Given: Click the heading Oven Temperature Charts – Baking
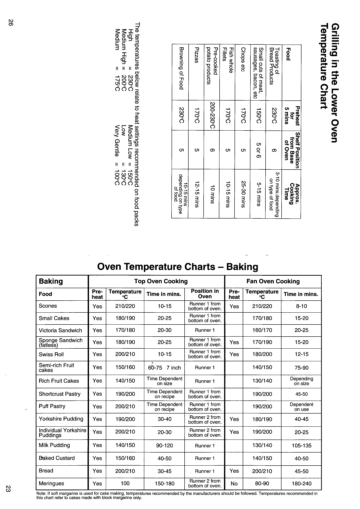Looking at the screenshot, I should [x=178, y=267].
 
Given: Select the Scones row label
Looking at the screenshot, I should [x=48, y=306].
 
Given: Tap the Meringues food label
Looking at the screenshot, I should [x=51, y=483].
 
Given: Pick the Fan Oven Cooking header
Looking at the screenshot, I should [x=273, y=281].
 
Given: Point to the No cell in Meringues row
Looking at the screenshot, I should [x=234, y=483].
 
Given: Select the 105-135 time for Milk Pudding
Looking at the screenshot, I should [x=301, y=445].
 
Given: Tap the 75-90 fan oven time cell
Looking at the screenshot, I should [x=301, y=367].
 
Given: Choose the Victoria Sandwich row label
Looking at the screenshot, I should [x=60, y=330].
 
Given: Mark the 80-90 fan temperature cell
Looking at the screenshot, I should [x=262, y=483].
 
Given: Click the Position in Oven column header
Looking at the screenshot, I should [x=205, y=294].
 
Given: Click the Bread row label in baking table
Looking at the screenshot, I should [x=46, y=471].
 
